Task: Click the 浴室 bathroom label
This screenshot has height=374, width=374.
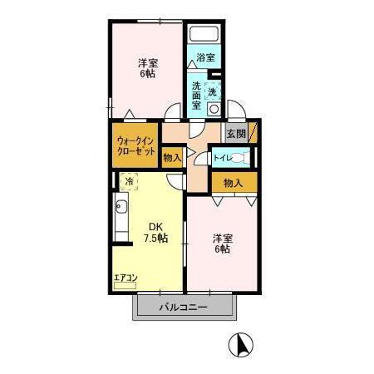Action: click(x=206, y=58)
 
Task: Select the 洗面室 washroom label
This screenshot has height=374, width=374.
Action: click(x=197, y=92)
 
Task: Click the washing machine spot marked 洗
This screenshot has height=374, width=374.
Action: click(x=214, y=91)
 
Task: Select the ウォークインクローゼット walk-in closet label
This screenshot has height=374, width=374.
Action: click(x=135, y=147)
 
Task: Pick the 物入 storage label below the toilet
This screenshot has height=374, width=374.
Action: click(x=233, y=183)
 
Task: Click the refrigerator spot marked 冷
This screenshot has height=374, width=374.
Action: click(x=129, y=180)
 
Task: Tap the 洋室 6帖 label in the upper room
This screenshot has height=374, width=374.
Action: click(x=147, y=67)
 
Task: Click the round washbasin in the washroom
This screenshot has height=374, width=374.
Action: click(x=214, y=109)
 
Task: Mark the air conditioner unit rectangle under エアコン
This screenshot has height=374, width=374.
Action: click(x=124, y=285)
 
